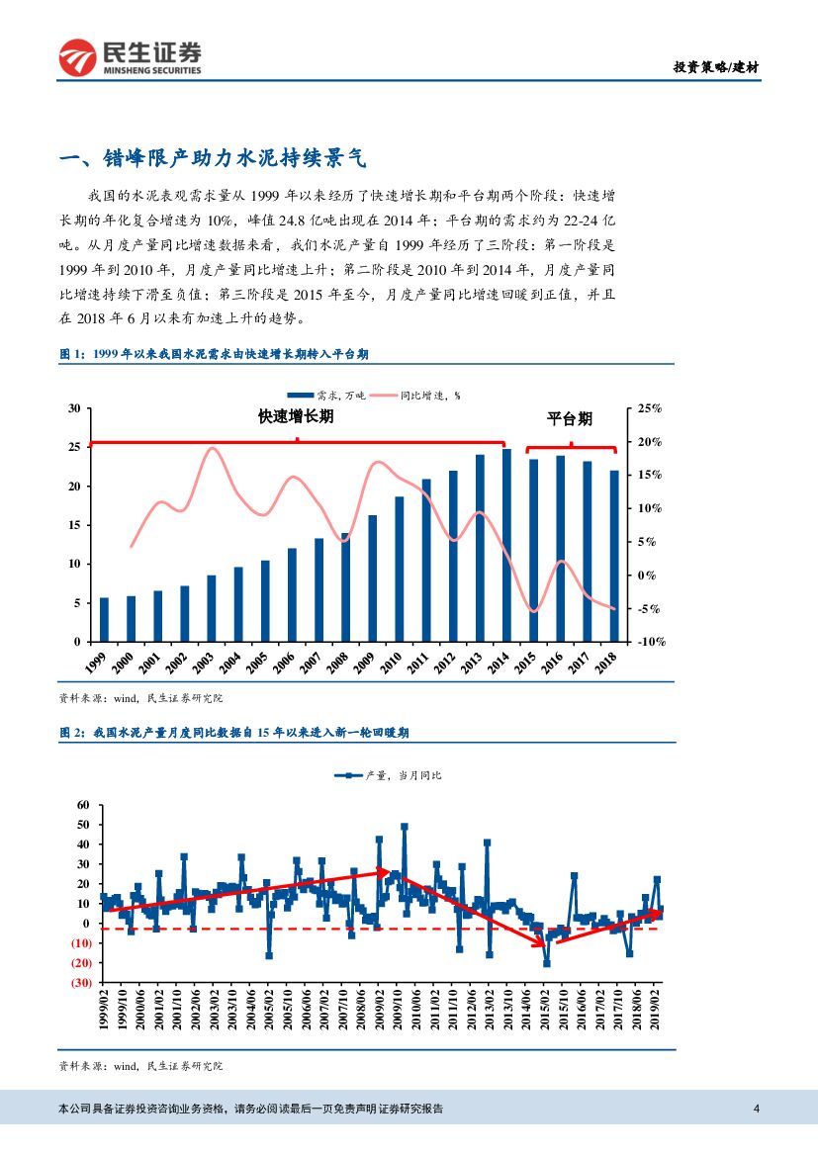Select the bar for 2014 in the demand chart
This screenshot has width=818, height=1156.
coord(506,545)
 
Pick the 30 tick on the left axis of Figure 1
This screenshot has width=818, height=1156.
coord(73,408)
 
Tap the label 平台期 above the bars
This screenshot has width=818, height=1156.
coord(570,419)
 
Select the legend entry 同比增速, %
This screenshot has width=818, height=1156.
coord(426,395)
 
